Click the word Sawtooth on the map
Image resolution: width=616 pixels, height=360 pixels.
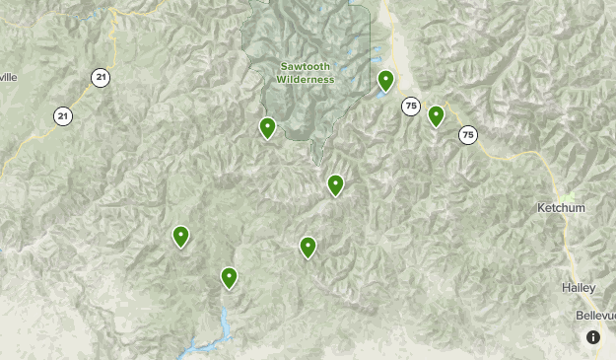tap(306, 66)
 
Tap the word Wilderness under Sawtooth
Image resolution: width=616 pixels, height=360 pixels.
tap(306, 79)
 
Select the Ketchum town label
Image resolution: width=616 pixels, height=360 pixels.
tap(561, 208)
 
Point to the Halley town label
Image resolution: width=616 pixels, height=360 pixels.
tap(579, 287)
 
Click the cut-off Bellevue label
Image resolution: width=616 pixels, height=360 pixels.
tap(595, 315)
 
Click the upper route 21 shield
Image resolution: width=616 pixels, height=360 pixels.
tap(100, 76)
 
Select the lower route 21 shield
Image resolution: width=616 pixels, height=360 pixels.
tap(63, 115)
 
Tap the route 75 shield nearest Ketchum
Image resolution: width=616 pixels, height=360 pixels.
tap(467, 134)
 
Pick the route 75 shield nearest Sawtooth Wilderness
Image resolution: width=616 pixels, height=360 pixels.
tap(410, 107)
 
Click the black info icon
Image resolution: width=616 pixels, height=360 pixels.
tap(593, 337)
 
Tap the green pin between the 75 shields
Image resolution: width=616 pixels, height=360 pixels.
tap(436, 115)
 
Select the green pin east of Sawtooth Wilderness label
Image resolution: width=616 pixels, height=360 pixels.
tap(386, 80)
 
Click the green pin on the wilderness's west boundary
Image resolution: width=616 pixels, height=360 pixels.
tap(267, 127)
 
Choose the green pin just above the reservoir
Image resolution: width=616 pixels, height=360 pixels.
tap(229, 277)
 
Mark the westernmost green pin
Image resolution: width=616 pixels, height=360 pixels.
tap(180, 236)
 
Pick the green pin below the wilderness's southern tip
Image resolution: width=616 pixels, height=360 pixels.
tap(335, 184)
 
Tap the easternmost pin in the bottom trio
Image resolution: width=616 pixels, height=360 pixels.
tap(308, 247)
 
